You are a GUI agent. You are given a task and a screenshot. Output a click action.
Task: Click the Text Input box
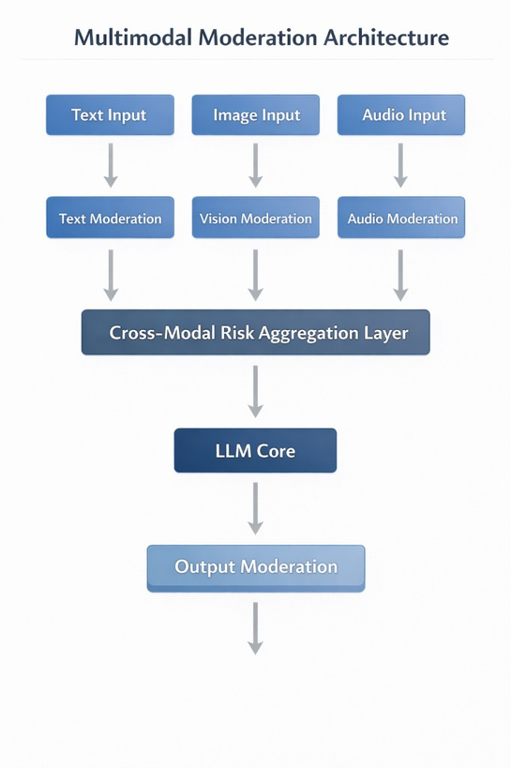point(110,115)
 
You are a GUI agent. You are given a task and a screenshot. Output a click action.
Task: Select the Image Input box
point(256,115)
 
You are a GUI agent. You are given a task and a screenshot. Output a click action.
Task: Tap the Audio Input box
point(400,115)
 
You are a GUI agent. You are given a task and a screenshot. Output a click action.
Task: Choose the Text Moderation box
point(110,218)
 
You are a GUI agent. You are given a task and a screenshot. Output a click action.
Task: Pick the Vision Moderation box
point(256,218)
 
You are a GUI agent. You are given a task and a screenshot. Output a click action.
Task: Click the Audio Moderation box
point(401,218)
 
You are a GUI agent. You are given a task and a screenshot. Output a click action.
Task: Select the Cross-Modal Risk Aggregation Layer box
point(256,333)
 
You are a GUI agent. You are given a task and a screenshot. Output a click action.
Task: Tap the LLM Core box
point(255,451)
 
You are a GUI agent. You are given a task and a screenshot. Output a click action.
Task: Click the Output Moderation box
point(256,567)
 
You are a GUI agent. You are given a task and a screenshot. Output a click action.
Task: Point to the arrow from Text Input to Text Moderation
point(111,165)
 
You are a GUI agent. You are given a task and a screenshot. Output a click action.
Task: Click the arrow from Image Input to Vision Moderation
point(255,165)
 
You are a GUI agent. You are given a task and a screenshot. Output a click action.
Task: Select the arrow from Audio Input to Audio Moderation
point(400,165)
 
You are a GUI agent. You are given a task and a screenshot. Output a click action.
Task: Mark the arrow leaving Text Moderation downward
point(111,274)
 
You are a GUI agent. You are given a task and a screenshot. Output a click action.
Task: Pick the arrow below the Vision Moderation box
point(255,274)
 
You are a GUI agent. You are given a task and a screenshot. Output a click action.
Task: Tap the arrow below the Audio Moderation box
point(400,274)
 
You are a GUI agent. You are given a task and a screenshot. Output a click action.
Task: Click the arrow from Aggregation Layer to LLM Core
point(255,391)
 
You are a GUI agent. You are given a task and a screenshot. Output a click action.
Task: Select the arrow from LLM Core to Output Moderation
point(255,508)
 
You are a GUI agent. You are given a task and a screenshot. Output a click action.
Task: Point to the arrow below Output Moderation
point(255,627)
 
